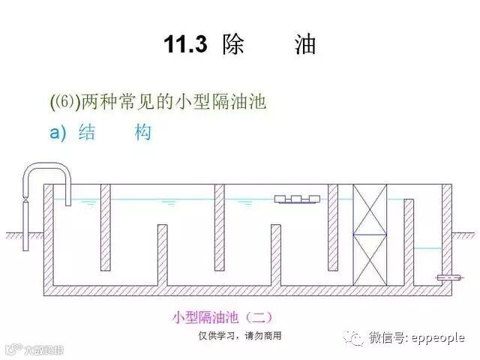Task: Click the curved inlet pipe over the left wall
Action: pos(45,170)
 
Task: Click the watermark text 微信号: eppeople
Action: pos(416,338)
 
